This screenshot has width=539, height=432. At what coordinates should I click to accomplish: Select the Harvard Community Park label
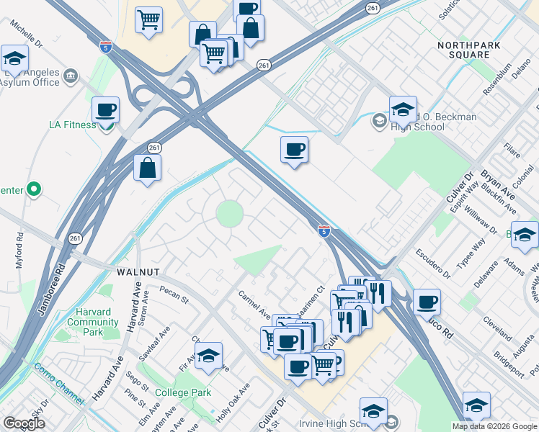click(93, 318)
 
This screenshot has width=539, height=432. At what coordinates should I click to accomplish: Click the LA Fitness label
click(72, 125)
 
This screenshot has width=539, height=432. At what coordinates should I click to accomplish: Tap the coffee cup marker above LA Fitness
click(106, 111)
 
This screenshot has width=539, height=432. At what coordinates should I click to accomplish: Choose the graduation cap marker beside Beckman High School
click(403, 110)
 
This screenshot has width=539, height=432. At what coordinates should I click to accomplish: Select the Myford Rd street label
click(19, 250)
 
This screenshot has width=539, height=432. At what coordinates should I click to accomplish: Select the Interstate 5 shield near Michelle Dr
click(106, 47)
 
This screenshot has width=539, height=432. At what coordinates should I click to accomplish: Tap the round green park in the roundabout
click(230, 213)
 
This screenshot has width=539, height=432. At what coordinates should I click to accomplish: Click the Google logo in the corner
click(24, 423)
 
